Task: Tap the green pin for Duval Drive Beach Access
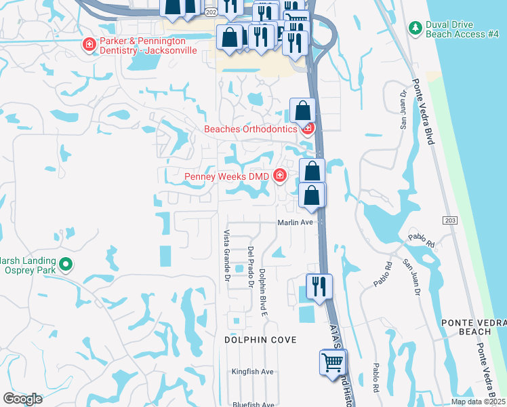(x=415, y=28)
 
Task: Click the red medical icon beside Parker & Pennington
(x=89, y=45)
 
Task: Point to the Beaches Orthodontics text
(x=251, y=129)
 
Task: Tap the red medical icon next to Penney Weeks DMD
(x=279, y=176)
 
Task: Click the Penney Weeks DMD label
(x=227, y=177)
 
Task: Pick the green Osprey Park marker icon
(x=66, y=264)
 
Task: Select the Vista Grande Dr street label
(x=226, y=251)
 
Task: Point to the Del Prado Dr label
(x=250, y=267)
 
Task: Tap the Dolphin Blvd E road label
(x=263, y=292)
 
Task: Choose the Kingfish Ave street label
(x=252, y=372)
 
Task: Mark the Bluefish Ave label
(x=252, y=404)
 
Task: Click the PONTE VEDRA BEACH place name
(x=466, y=326)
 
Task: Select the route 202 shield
(x=210, y=13)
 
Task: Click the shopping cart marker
(x=332, y=363)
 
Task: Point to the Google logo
(x=23, y=399)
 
